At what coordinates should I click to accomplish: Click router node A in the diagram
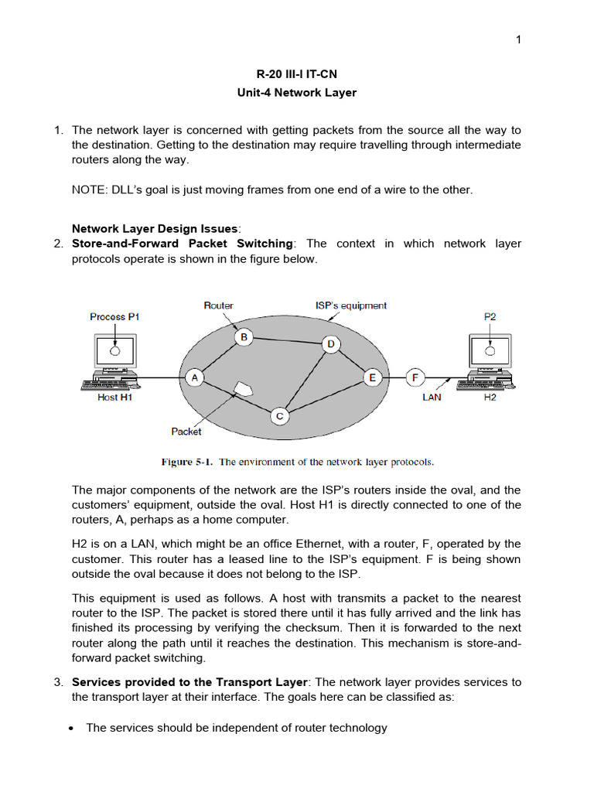click(194, 377)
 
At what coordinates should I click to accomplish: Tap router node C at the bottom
click(279, 417)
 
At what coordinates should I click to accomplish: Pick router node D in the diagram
click(330, 344)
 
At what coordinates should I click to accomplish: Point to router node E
click(373, 377)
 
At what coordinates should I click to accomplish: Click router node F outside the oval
click(415, 377)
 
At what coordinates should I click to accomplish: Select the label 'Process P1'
click(114, 316)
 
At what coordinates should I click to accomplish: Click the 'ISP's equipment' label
click(350, 306)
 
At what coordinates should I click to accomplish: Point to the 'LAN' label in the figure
click(432, 397)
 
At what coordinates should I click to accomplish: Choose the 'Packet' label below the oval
click(186, 432)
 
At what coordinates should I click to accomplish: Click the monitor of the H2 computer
click(490, 352)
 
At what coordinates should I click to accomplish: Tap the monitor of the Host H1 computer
click(115, 352)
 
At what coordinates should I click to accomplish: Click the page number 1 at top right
click(519, 40)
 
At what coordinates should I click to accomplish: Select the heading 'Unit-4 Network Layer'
click(297, 93)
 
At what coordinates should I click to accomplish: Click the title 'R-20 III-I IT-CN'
click(297, 74)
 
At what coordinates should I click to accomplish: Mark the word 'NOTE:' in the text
click(91, 189)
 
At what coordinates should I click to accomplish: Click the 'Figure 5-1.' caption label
click(187, 462)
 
